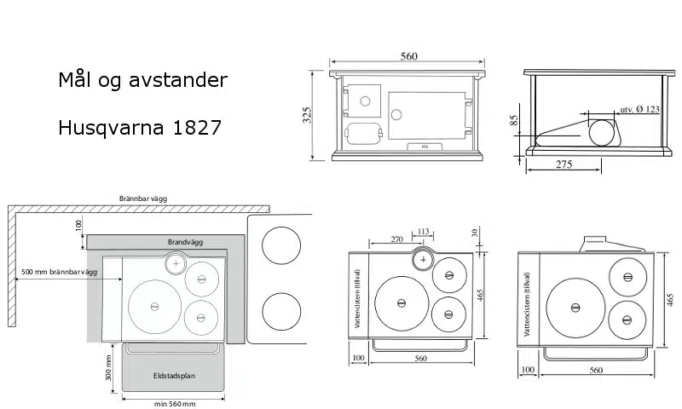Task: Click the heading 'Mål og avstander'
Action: [x=142, y=80]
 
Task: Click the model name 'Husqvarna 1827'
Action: [x=140, y=128]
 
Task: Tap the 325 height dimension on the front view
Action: [x=307, y=115]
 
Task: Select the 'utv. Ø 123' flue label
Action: [x=639, y=110]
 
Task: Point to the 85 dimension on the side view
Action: [x=514, y=120]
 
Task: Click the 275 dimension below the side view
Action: [x=564, y=164]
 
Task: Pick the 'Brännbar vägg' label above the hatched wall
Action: [x=143, y=199]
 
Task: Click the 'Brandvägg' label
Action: [x=185, y=242]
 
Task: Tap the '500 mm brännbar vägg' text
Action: [x=59, y=272]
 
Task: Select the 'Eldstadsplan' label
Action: [x=174, y=376]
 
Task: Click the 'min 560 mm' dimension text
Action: [x=175, y=404]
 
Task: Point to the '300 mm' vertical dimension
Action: [x=109, y=368]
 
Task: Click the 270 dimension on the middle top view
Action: [x=396, y=239]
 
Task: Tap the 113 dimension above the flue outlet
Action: [x=423, y=232]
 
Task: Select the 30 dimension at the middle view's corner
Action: [x=475, y=233]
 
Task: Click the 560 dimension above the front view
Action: [x=409, y=56]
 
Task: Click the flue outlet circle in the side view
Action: [x=602, y=132]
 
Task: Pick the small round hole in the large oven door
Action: [x=396, y=115]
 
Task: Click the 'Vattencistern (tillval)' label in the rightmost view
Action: [x=527, y=304]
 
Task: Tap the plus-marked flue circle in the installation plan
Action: [x=176, y=263]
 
